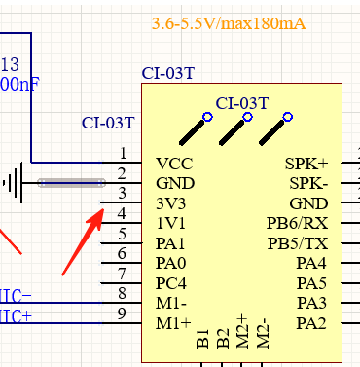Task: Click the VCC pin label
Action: [174, 164]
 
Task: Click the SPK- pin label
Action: [308, 183]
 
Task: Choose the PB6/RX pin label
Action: [298, 223]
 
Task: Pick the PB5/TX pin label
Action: [298, 242]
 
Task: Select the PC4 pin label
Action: [172, 283]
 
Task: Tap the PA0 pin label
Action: [171, 263]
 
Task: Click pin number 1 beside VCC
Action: [122, 153]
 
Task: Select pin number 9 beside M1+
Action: [122, 312]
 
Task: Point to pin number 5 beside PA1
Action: [122, 233]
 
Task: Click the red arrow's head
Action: [97, 212]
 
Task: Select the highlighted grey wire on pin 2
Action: [71, 182]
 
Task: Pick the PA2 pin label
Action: [311, 323]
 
